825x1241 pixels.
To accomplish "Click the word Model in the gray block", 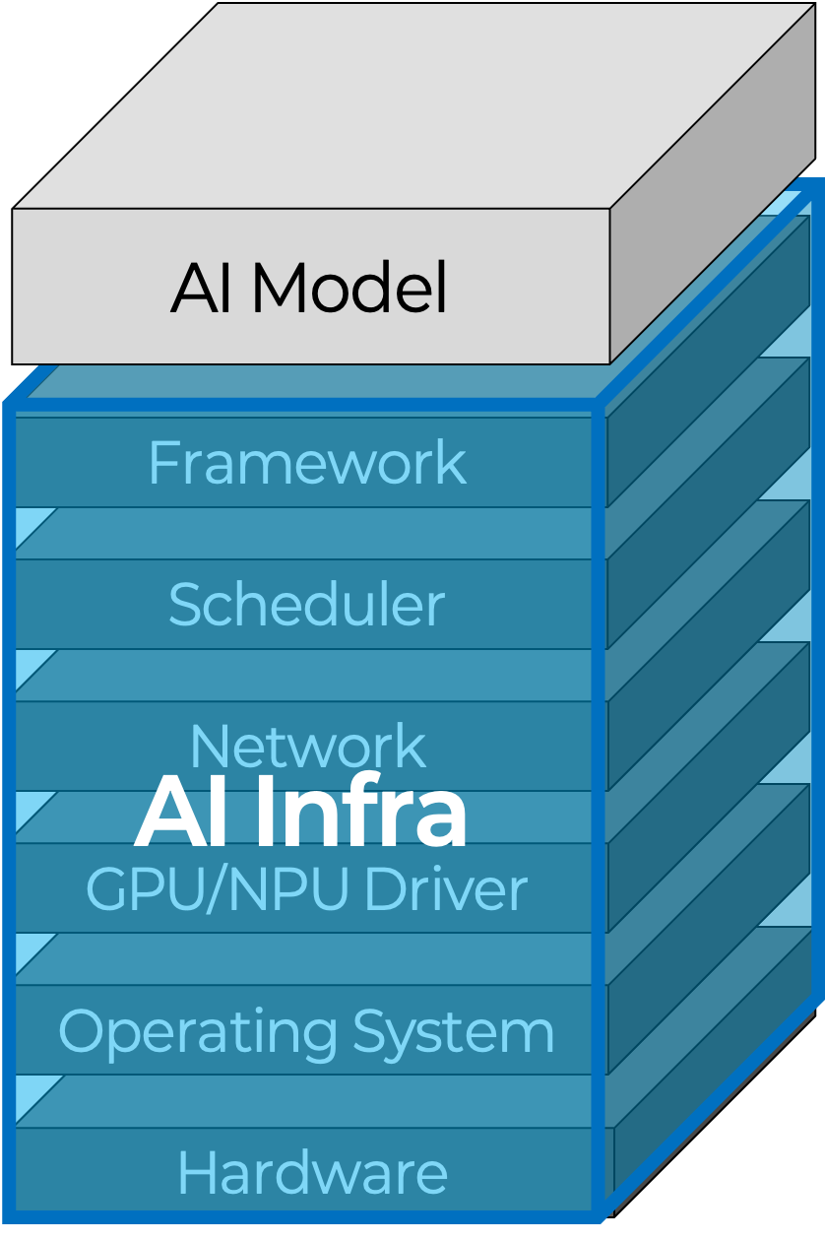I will [349, 289].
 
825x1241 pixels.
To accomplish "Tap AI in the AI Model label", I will [203, 289].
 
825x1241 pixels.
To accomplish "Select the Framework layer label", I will [307, 463].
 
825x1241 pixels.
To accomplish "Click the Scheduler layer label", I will [306, 605].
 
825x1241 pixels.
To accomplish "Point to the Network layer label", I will [307, 747].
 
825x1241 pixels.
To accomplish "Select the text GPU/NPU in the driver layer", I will [220, 889].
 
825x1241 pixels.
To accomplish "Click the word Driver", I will [445, 889].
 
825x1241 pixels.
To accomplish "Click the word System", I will [454, 1032].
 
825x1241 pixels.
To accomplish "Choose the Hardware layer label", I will [312, 1173].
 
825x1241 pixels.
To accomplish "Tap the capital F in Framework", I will [161, 463].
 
